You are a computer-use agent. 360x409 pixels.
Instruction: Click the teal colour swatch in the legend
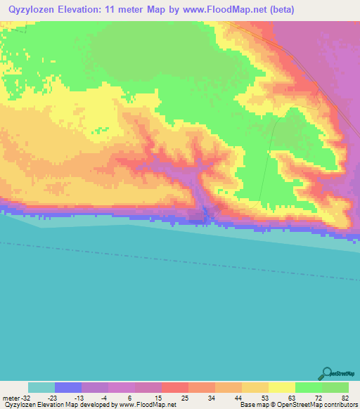(41, 387)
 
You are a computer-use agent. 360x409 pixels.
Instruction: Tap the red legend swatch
(175, 387)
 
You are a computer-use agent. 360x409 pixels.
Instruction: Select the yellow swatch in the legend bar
(282, 387)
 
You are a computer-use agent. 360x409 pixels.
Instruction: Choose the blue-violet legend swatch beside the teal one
(68, 387)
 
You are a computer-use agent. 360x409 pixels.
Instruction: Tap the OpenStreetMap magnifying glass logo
(326, 372)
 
